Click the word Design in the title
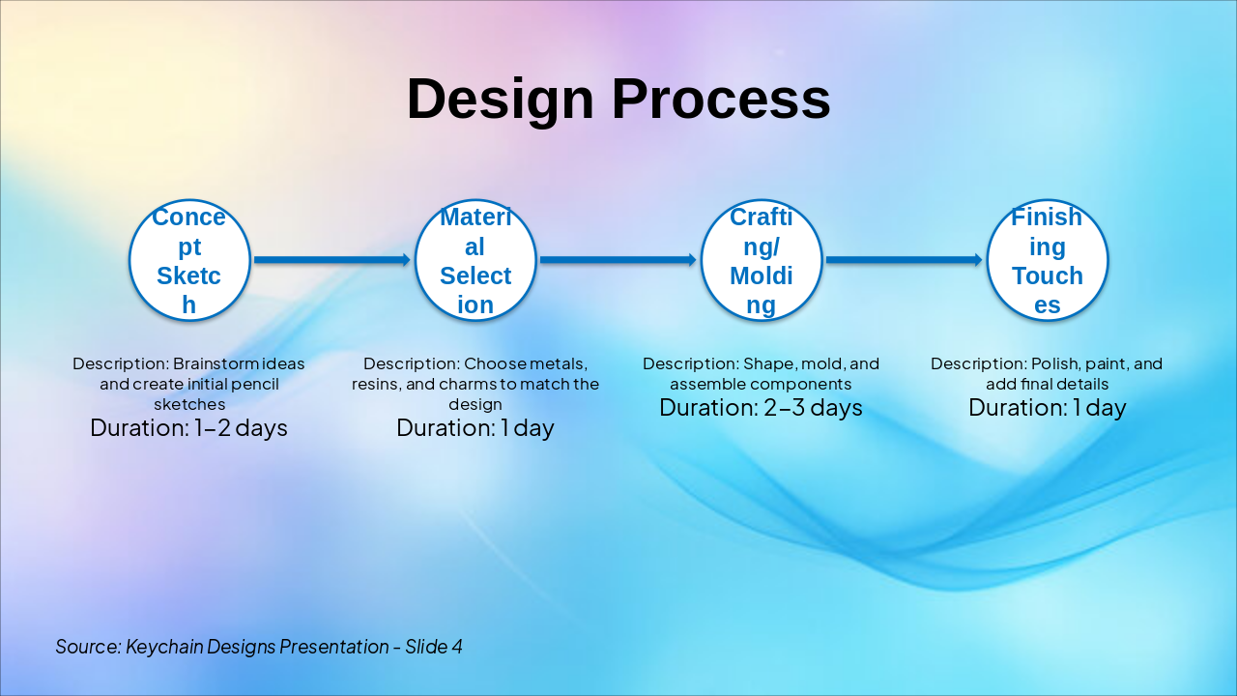[x=501, y=100]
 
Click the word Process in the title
[x=721, y=99]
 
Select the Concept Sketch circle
[x=189, y=260]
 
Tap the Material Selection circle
[x=475, y=260]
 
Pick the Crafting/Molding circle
[x=762, y=260]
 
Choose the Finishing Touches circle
[x=1048, y=260]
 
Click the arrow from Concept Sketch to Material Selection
[x=332, y=260]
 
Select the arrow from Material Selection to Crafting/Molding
[x=618, y=260]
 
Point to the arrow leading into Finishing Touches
[x=905, y=260]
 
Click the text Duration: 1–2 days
[x=188, y=428]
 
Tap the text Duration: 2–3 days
[x=761, y=408]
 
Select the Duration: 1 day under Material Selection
[x=475, y=428]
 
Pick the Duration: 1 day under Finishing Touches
[x=1047, y=408]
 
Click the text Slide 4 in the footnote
[x=434, y=647]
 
